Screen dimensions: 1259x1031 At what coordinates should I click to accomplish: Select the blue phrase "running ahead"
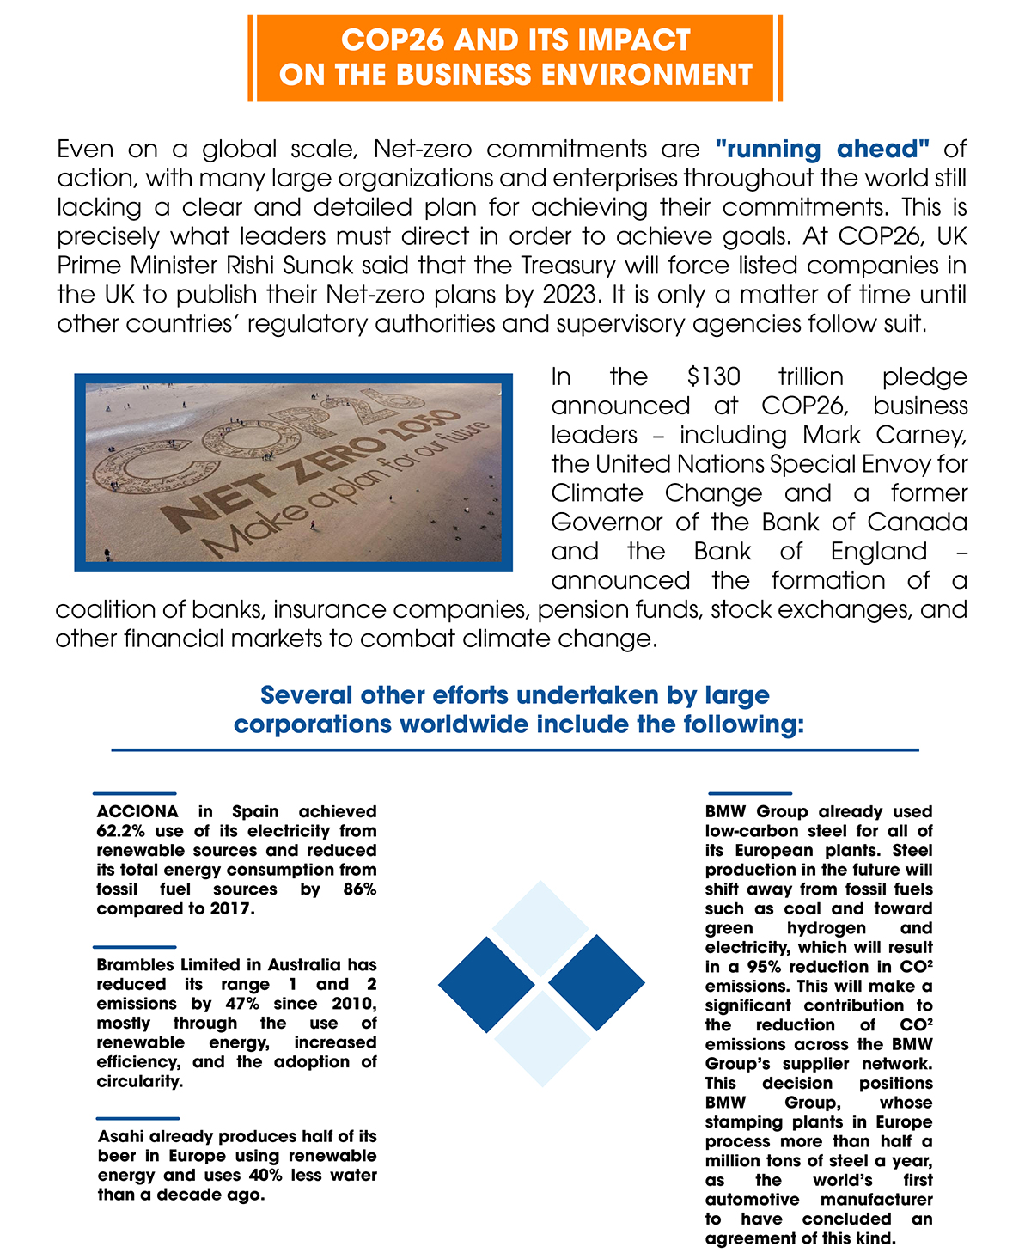point(822,150)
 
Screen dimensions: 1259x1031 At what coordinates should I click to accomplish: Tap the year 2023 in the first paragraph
point(569,295)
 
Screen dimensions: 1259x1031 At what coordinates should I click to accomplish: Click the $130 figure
point(713,377)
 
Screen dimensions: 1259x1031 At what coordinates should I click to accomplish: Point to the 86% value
point(359,889)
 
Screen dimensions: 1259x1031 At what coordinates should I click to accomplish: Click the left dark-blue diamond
point(486,983)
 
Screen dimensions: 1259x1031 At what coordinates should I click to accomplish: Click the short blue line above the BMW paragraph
point(749,793)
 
